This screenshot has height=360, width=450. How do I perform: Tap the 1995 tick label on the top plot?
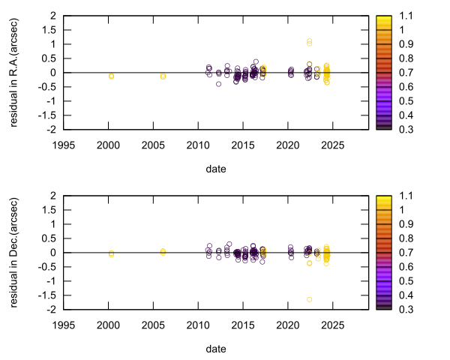64,144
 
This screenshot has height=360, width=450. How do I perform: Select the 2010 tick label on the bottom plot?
198,324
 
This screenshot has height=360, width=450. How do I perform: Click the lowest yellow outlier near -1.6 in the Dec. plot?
309,299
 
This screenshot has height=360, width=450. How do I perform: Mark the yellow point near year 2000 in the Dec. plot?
111,254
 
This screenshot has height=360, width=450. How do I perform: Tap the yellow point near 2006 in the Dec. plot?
163,252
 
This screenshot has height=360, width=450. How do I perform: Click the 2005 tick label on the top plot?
153,144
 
